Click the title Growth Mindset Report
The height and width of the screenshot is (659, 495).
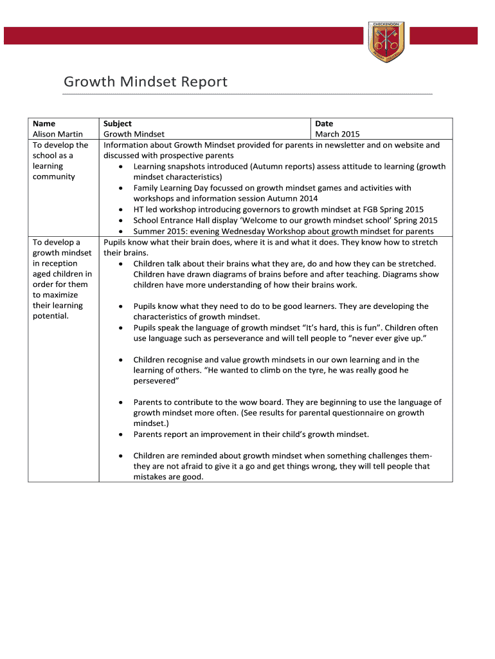pyautogui.click(x=145, y=82)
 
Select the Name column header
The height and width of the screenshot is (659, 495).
pyautogui.click(x=44, y=124)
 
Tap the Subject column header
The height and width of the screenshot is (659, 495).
pyautogui.click(x=118, y=124)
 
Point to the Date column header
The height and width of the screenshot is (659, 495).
pyautogui.click(x=324, y=124)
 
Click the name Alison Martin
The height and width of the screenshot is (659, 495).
pyautogui.click(x=58, y=135)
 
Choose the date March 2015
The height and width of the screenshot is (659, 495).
pyautogui.click(x=337, y=135)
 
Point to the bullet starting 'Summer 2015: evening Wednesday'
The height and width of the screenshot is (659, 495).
pyautogui.click(x=283, y=231)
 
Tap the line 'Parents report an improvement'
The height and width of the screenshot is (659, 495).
pyautogui.click(x=251, y=434)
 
